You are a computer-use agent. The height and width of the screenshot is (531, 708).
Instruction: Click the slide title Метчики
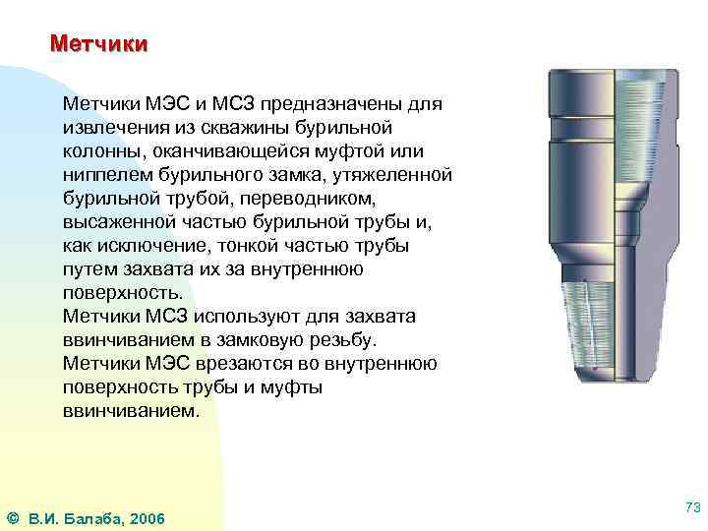pyautogui.click(x=98, y=44)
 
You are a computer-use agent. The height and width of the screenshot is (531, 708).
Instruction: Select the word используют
pyautogui.click(x=257, y=316)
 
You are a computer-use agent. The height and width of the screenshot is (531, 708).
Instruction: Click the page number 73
pyautogui.click(x=692, y=505)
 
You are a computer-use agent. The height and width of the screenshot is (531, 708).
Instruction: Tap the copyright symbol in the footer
pyautogui.click(x=13, y=518)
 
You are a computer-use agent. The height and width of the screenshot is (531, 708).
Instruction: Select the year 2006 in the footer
pyautogui.click(x=147, y=518)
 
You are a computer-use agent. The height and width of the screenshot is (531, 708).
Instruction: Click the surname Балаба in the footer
pyautogui.click(x=93, y=518)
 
